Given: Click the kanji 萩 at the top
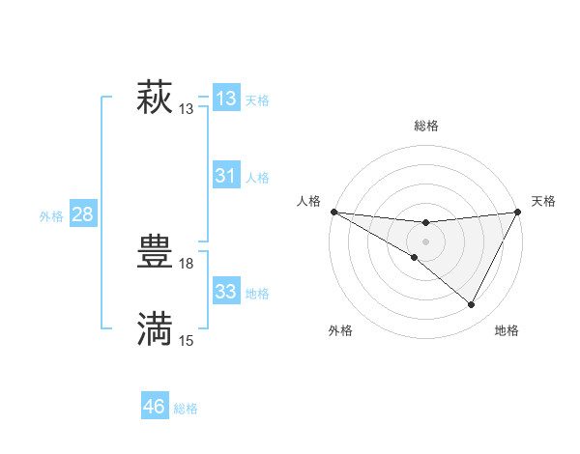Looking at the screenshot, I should pyautogui.click(x=155, y=99).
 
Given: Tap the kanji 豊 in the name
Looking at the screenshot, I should pyautogui.click(x=155, y=254).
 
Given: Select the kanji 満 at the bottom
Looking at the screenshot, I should pyautogui.click(x=155, y=329).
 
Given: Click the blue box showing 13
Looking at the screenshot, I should pyautogui.click(x=225, y=99).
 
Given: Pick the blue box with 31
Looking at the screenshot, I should pyautogui.click(x=225, y=176).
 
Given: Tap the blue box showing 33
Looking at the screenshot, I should pyautogui.click(x=225, y=292).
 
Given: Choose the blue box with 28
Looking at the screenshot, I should pyautogui.click(x=82, y=214).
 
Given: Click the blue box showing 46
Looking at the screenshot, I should pyautogui.click(x=155, y=407).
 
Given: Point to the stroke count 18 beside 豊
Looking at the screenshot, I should pyautogui.click(x=187, y=264).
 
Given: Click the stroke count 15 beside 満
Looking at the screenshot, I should pyautogui.click(x=187, y=340).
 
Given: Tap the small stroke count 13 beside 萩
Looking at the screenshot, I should pyautogui.click(x=187, y=109).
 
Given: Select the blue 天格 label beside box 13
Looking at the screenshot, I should pyautogui.click(x=257, y=100).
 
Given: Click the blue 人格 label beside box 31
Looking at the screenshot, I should pyautogui.click(x=257, y=178).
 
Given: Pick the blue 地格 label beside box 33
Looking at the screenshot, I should pyautogui.click(x=257, y=294).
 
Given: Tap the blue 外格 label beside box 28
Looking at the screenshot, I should pyautogui.click(x=51, y=216).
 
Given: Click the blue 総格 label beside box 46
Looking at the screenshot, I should pyautogui.click(x=186, y=409).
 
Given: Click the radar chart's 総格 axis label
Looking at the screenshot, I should pyautogui.click(x=425, y=126).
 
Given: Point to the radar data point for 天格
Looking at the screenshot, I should pyautogui.click(x=518, y=212).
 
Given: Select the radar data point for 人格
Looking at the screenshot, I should pyautogui.click(x=333, y=212).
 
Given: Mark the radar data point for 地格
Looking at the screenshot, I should pyautogui.click(x=472, y=305).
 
